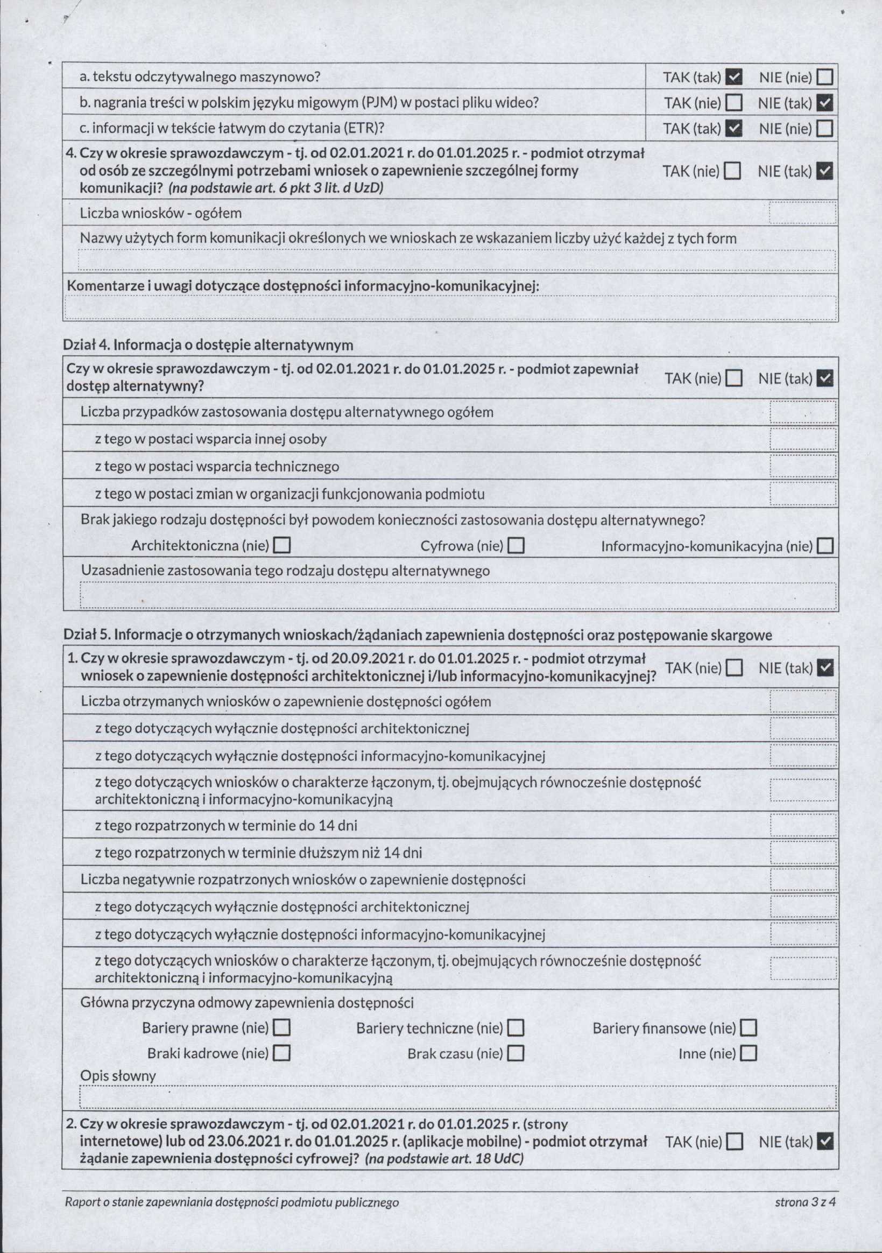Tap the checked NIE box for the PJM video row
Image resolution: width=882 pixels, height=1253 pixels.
pos(825,103)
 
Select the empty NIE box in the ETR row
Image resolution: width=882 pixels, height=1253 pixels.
pos(825,129)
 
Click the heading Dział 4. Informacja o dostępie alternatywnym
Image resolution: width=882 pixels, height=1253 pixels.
pos(208,345)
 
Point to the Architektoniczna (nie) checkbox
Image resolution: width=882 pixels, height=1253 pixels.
pos(281,546)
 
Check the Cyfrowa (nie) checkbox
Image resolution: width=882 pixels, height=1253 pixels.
pos(516,546)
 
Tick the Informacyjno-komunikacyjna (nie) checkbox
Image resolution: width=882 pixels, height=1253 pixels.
pos(825,546)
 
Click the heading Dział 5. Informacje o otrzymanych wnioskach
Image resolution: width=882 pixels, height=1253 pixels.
pos(418,635)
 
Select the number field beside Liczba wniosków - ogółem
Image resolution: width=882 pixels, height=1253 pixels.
pos(802,213)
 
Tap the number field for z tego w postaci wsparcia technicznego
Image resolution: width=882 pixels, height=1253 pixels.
pos(802,467)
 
